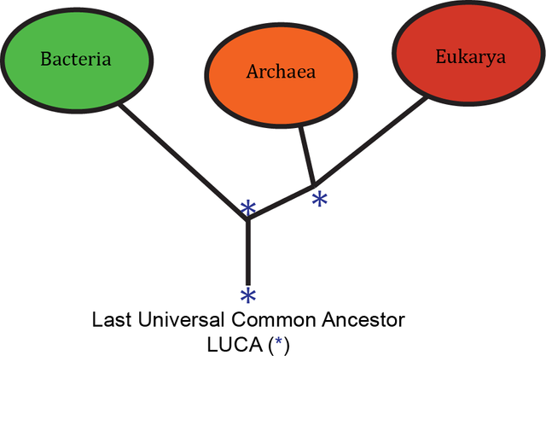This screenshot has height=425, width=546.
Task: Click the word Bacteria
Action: pyautogui.click(x=76, y=60)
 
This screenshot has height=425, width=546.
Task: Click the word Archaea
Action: pyautogui.click(x=281, y=72)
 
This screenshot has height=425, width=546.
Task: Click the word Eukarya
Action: pyautogui.click(x=470, y=57)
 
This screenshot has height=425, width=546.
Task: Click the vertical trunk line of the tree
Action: pyautogui.click(x=248, y=252)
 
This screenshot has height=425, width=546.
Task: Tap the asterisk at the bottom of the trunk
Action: pyautogui.click(x=248, y=296)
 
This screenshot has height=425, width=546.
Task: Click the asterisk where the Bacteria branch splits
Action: pyautogui.click(x=247, y=208)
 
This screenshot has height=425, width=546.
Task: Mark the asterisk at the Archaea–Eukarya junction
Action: pyautogui.click(x=320, y=200)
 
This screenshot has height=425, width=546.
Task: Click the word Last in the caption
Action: pyautogui.click(x=111, y=322)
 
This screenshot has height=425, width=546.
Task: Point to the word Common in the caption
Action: pyautogui.click(x=269, y=322)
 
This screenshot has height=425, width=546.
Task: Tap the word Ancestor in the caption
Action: pyautogui.click(x=362, y=322)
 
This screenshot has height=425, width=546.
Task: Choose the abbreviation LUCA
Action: pyautogui.click(x=230, y=346)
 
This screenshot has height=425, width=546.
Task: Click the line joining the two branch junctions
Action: pyautogui.click(x=282, y=201)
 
